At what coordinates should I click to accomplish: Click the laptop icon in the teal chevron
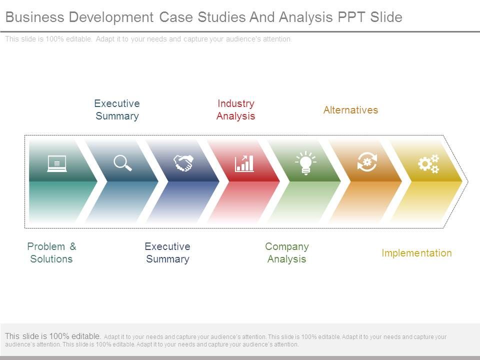pyautogui.click(x=57, y=163)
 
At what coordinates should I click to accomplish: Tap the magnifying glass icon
pyautogui.click(x=123, y=163)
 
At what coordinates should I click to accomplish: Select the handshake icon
pyautogui.click(x=183, y=163)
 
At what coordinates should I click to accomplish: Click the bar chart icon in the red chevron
pyautogui.click(x=244, y=163)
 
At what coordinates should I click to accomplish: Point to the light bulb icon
pyautogui.click(x=305, y=163)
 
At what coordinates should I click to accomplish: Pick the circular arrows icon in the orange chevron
pyautogui.click(x=367, y=162)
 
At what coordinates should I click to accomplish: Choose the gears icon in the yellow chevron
pyautogui.click(x=428, y=164)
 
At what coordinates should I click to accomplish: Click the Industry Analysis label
pyautogui.click(x=235, y=109)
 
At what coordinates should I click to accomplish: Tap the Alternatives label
pyautogui.click(x=351, y=110)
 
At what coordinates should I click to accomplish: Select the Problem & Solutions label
pyautogui.click(x=51, y=252)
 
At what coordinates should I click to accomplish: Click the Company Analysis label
pyautogui.click(x=287, y=253)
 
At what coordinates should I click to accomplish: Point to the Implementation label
pyautogui.click(x=416, y=253)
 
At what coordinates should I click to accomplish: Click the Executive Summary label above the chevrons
pyautogui.click(x=117, y=109)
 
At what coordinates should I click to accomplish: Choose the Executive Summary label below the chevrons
pyautogui.click(x=167, y=252)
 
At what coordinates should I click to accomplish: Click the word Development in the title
pyautogui.click(x=111, y=17)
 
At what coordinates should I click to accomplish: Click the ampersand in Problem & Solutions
pyautogui.click(x=72, y=246)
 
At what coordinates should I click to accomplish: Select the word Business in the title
pyautogui.click(x=35, y=17)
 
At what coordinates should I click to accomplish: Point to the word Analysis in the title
pyautogui.click(x=305, y=17)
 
